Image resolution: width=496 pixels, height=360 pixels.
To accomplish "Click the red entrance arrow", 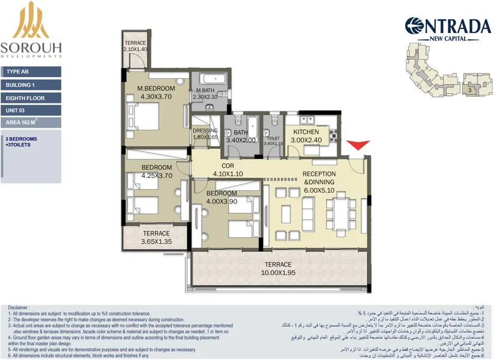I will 359,145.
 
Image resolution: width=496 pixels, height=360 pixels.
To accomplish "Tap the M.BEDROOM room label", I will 156,88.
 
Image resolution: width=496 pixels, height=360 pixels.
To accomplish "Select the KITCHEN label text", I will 306,132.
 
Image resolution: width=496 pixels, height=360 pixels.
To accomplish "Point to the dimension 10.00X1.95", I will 277,273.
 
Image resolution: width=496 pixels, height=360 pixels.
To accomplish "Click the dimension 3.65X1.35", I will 156,241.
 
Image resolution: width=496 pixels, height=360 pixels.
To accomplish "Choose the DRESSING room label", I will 205,131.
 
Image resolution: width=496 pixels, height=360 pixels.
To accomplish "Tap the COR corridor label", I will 228,166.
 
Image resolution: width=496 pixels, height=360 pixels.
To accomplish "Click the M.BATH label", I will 205,90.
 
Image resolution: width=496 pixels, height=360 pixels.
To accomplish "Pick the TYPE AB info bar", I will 31,72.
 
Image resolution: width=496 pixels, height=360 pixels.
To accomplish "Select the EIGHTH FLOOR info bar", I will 31,98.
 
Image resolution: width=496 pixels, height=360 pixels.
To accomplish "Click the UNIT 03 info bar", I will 31,111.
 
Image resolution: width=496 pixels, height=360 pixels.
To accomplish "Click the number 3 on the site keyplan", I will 469,90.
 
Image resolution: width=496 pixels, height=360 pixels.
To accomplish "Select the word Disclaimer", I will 19,307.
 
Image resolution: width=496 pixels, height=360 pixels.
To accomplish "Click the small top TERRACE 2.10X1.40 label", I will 135,46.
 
